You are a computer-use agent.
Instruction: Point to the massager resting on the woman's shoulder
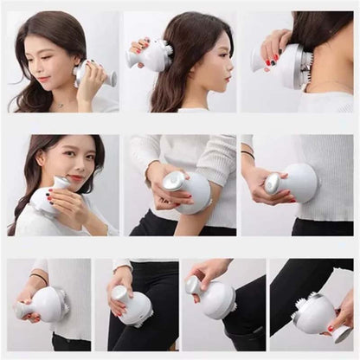[47, 198]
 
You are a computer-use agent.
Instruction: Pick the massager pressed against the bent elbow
[188, 191]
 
